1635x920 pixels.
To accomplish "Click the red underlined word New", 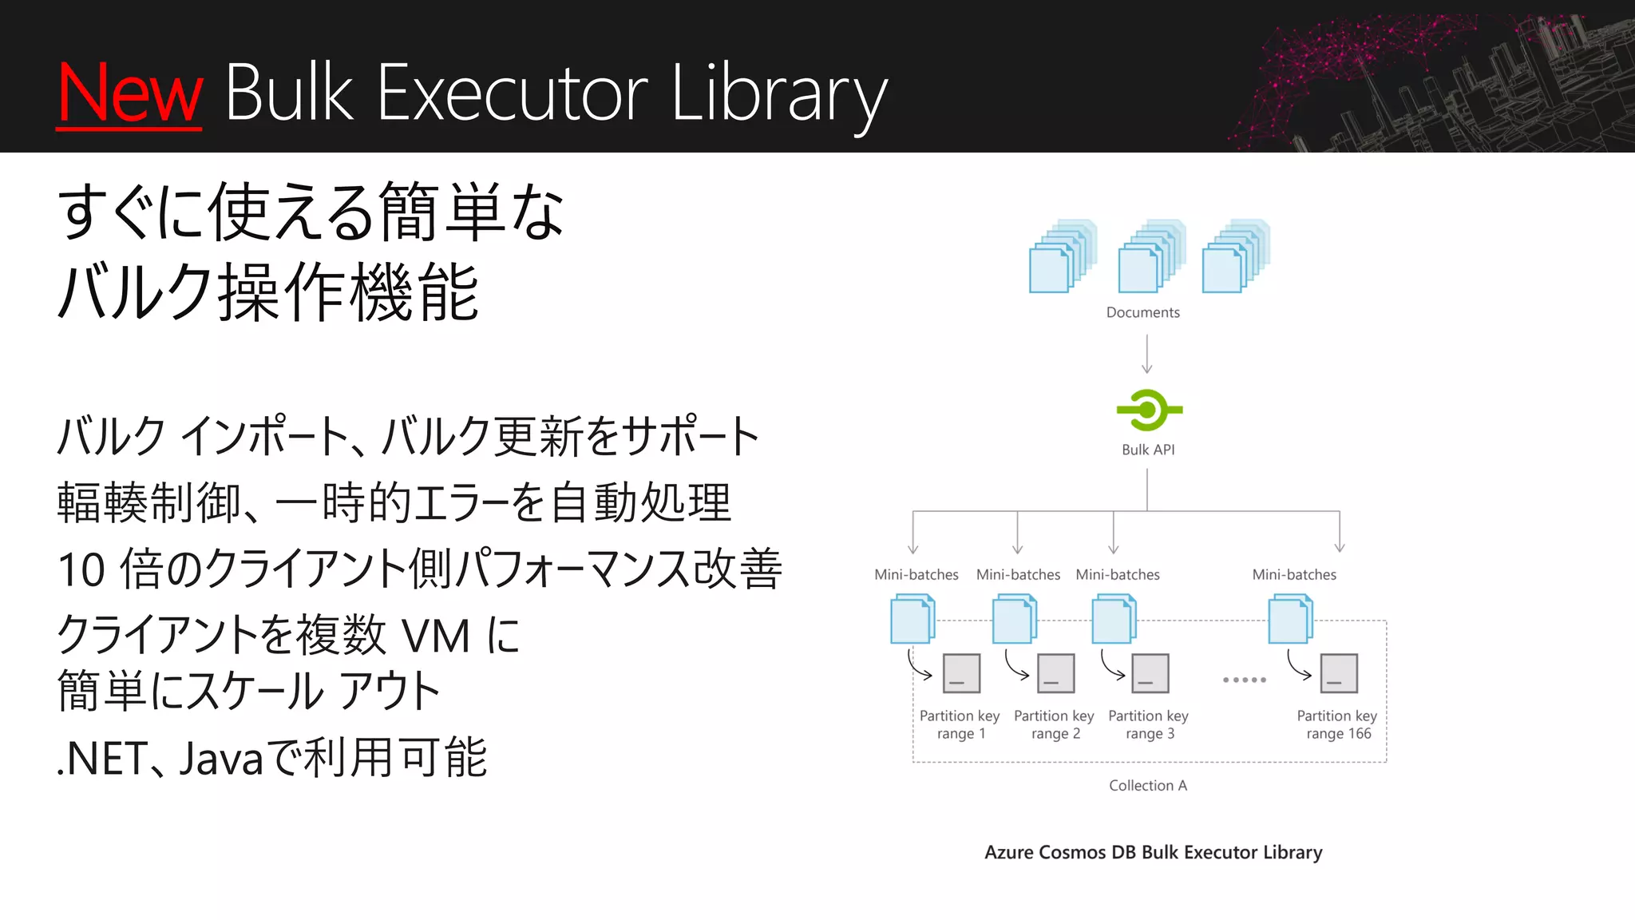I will point(129,94).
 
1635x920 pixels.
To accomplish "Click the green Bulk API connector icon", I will point(1148,410).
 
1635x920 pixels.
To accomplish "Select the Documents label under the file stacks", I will point(1142,312).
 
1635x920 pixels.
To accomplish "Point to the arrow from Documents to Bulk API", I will point(1146,354).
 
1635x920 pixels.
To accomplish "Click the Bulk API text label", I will point(1148,450).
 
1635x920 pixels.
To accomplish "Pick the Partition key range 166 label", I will point(1337,724).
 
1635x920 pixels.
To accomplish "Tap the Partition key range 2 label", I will point(1054,724).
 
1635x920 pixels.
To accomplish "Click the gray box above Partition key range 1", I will point(961,673).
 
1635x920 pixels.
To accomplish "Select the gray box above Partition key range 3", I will point(1150,673).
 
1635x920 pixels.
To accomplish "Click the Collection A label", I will point(1147,786).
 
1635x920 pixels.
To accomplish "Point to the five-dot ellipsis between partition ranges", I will point(1244,680).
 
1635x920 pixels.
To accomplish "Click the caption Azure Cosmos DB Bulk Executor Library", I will point(1153,852).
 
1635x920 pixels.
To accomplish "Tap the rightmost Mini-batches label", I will point(1293,574).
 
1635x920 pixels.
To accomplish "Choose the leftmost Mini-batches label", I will point(916,574).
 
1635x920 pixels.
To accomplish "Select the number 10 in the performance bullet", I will point(81,570).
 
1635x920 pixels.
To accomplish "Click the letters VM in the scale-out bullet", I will point(436,636).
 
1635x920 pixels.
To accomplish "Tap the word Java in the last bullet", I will point(220,759).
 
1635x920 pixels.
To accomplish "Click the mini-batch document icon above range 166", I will point(1289,619).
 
